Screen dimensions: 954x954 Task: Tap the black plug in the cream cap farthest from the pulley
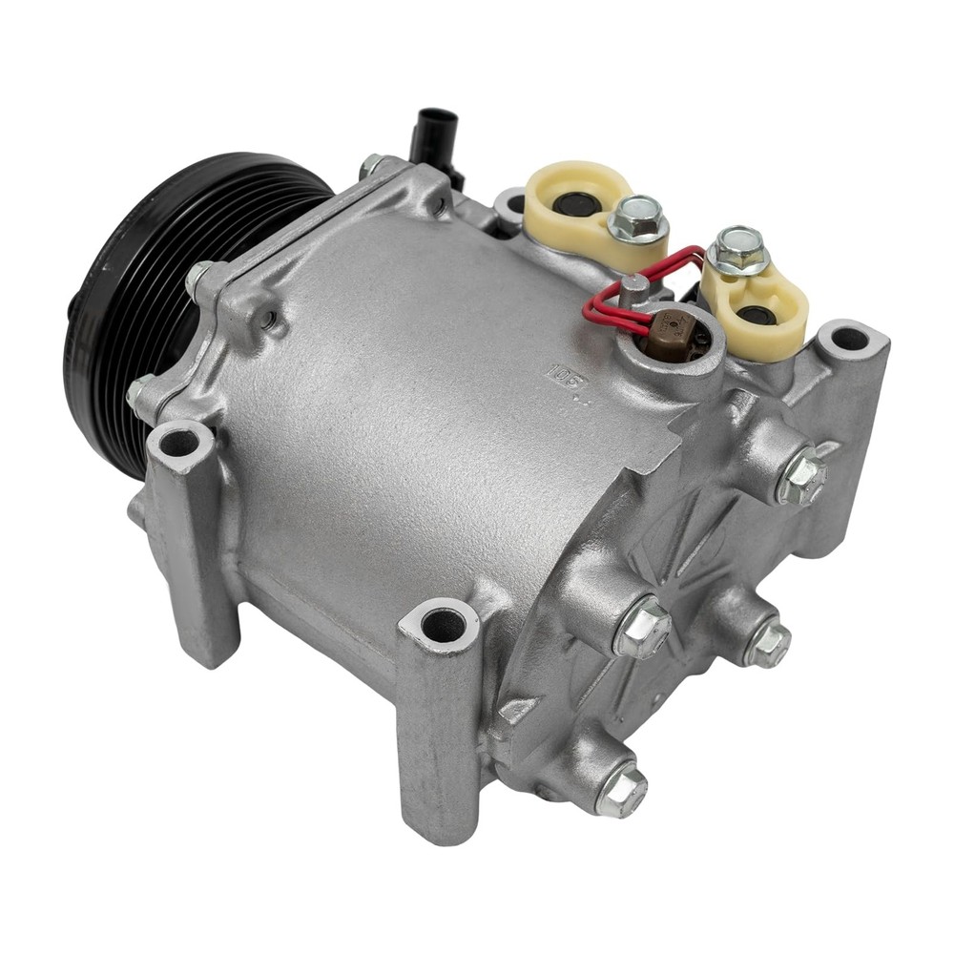757,315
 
